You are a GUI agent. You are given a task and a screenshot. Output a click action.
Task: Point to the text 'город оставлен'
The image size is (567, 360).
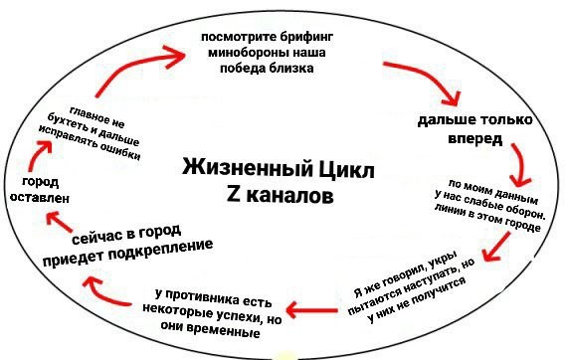pos(38,190)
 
